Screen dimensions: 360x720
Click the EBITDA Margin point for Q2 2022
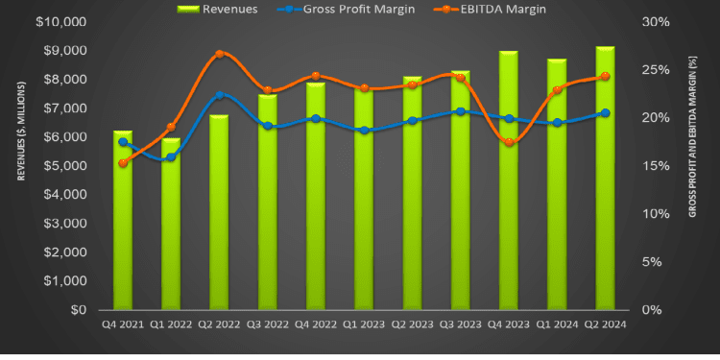click(220, 54)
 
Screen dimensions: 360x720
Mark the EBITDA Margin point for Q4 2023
click(509, 142)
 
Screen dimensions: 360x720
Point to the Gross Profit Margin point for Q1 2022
click(171, 156)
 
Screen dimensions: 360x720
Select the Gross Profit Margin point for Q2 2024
click(606, 113)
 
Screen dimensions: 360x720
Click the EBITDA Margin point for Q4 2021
click(123, 163)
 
